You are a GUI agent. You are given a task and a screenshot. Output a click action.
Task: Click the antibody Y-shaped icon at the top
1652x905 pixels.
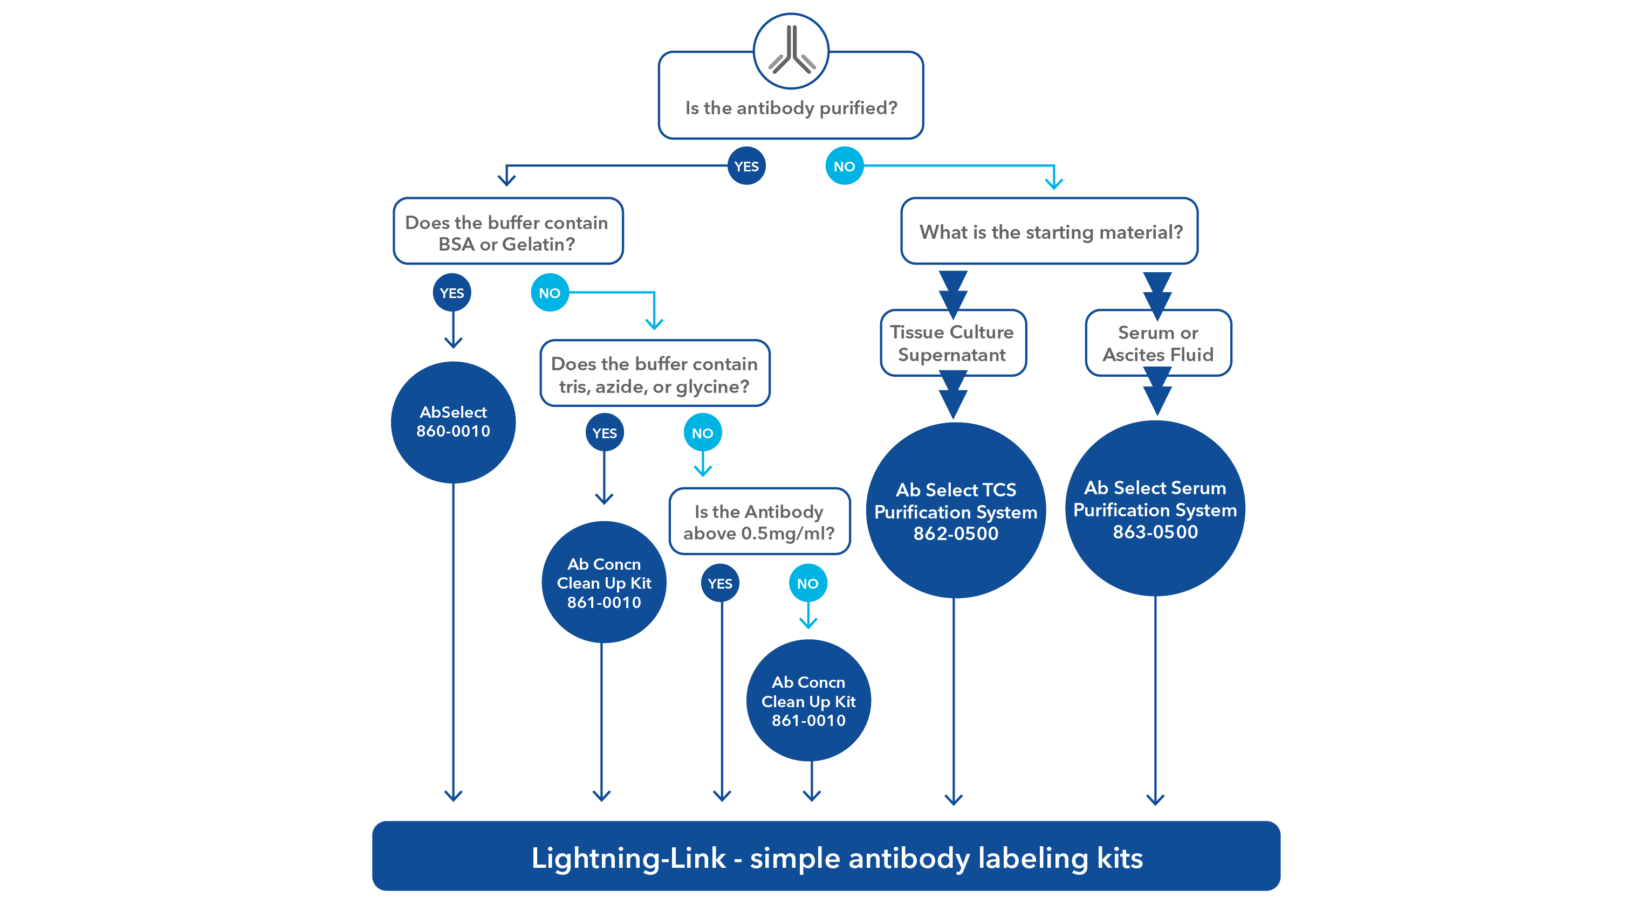coord(791,50)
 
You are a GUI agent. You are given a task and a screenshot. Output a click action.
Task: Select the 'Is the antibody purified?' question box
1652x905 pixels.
coord(791,108)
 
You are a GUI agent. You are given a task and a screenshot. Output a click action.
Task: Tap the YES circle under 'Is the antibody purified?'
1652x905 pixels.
coord(746,166)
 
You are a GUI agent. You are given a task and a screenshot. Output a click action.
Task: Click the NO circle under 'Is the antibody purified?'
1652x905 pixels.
coord(844,166)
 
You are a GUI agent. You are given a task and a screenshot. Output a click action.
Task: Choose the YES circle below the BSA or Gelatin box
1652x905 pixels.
coord(451,293)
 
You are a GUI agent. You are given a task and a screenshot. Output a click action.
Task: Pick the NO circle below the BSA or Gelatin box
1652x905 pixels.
coord(550,293)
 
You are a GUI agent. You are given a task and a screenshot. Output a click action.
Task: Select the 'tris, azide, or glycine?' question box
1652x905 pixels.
coord(654,374)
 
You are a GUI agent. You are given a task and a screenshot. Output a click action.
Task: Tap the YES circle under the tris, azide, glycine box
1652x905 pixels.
coord(604,433)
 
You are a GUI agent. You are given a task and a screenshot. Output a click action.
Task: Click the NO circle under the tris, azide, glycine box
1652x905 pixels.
coord(702,433)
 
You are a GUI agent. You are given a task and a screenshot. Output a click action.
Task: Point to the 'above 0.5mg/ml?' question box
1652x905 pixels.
coord(759,522)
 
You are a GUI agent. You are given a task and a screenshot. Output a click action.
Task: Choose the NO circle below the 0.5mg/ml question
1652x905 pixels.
coord(807,583)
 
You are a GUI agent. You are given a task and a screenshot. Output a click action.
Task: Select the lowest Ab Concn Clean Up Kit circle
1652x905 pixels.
coord(808,701)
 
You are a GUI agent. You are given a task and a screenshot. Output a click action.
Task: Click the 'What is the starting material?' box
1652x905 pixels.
coord(1050,232)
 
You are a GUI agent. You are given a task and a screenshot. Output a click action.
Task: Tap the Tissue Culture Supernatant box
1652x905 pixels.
coord(952,343)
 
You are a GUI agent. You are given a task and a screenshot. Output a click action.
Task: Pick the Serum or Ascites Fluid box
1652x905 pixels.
coord(1158,343)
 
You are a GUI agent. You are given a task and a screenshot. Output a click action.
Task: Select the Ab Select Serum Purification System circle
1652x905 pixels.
coord(1155,509)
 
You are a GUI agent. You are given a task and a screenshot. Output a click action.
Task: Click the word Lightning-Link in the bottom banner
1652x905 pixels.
coord(628,858)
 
